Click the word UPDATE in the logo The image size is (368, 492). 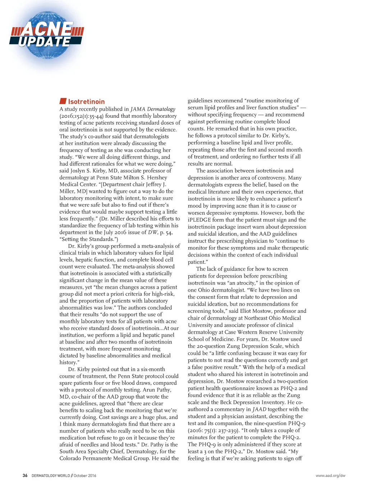click(x=45, y=42)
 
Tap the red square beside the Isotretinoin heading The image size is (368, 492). click(x=63, y=101)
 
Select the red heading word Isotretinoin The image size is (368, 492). click(x=86, y=102)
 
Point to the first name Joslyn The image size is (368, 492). click(x=78, y=171)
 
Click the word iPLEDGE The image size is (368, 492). click(x=199, y=220)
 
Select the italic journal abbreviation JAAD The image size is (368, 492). click(x=259, y=409)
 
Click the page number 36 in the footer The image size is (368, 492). click(x=25, y=475)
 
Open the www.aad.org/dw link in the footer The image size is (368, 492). click(x=330, y=475)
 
